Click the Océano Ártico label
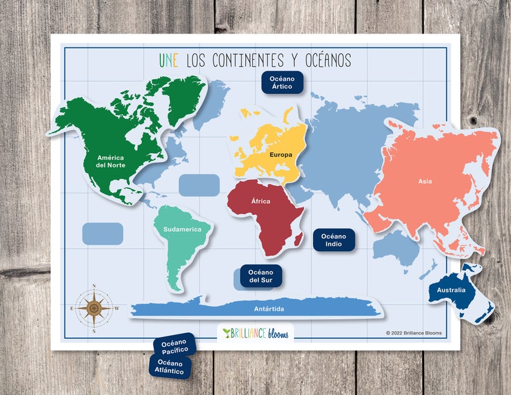click(282, 82)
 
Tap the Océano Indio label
click(334, 240)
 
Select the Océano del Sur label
click(261, 276)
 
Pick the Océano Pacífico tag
click(174, 345)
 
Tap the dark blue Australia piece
click(454, 293)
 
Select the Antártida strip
click(257, 309)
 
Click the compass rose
click(94, 308)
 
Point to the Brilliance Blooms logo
click(255, 333)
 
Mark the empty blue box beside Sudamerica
click(103, 234)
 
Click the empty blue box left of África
click(199, 185)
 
